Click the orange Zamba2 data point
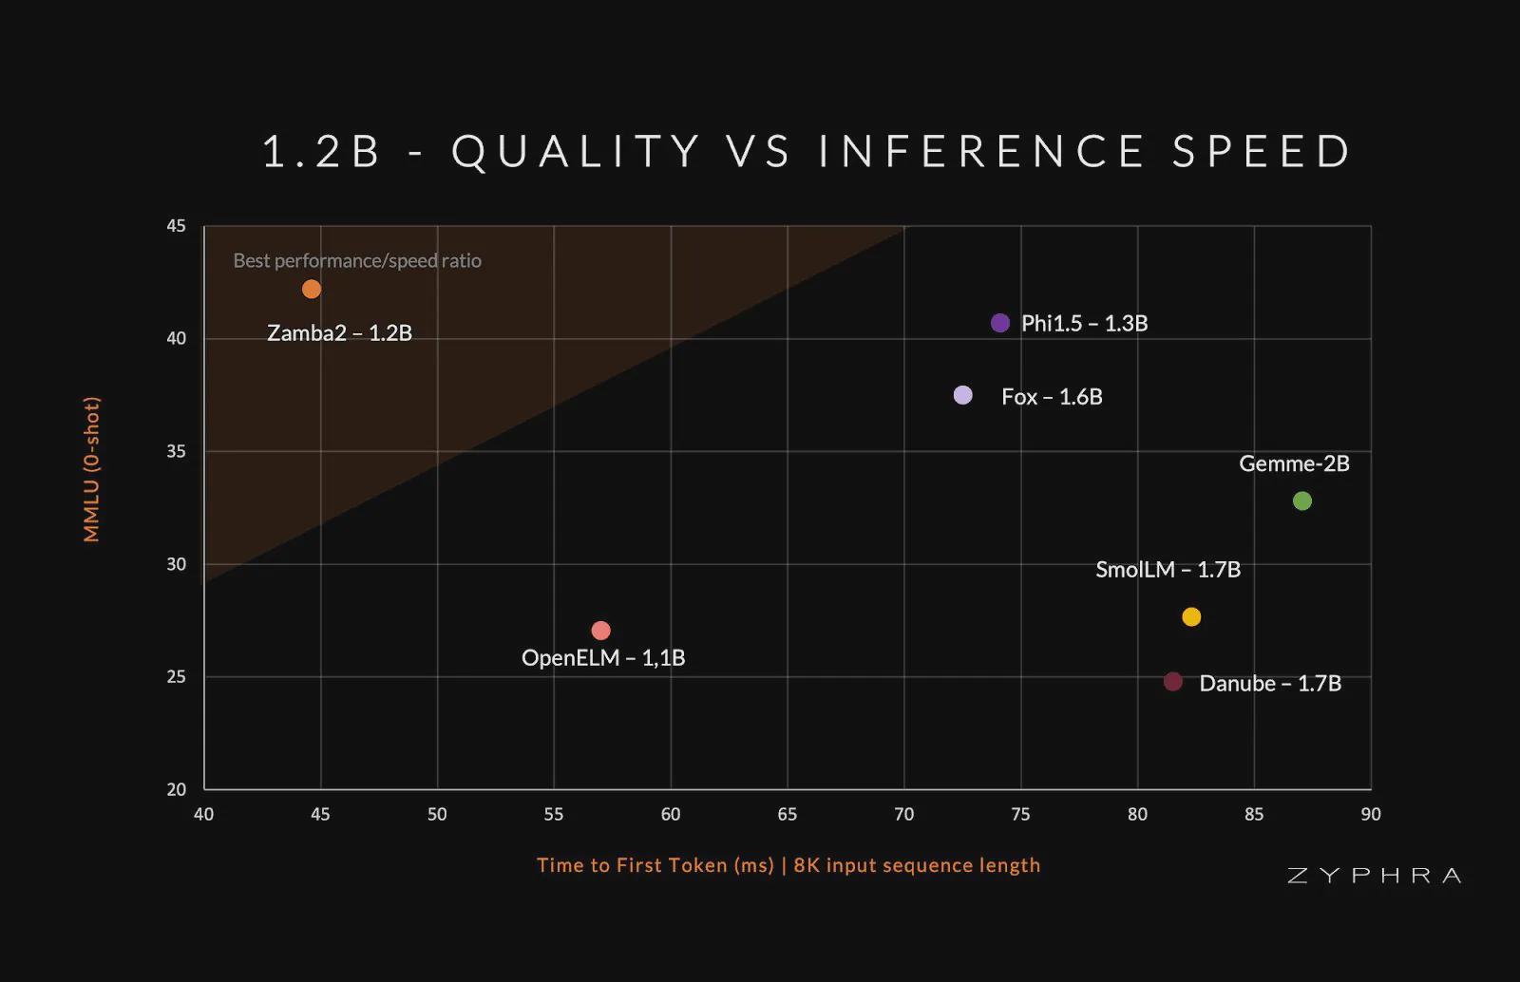coord(312,289)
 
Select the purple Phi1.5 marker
coord(999,323)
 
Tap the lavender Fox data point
coord(962,395)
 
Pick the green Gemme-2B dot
coord(1302,500)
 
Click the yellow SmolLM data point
coord(1191,617)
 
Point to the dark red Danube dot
coord(1173,682)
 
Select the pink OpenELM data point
coord(600,631)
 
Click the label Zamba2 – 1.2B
coord(339,333)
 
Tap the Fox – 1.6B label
coord(1052,397)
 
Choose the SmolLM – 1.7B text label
coord(1168,570)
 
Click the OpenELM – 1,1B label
coord(603,658)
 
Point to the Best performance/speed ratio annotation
coord(357,261)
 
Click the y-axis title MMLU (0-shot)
coord(92,469)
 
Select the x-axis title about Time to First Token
coord(788,865)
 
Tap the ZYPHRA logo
coord(1374,876)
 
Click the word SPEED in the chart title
coord(1262,152)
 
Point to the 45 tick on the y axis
coord(177,226)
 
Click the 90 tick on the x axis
coord(1370,814)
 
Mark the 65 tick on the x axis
coord(788,814)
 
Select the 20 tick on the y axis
coord(177,789)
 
